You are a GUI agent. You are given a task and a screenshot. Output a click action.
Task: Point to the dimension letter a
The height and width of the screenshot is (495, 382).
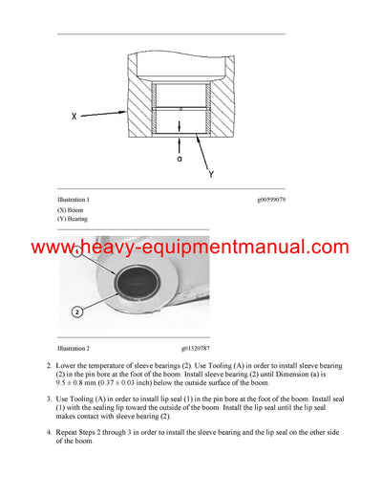[179, 159]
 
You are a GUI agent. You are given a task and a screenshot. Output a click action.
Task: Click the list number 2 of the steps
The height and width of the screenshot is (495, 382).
[50, 366]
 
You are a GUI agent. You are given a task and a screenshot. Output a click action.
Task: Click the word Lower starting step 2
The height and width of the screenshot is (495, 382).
[69, 366]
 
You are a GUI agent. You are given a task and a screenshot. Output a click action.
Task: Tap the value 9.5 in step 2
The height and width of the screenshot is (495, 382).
[63, 382]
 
